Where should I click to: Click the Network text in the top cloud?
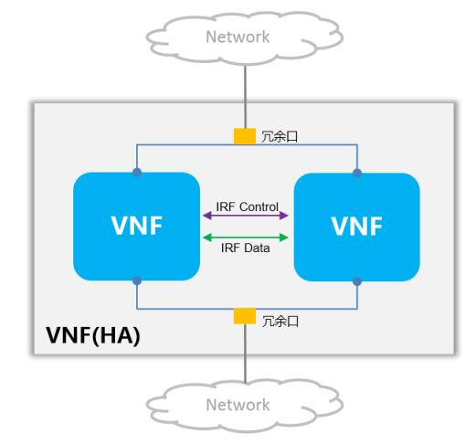(238, 37)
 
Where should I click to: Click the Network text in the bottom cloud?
(238, 405)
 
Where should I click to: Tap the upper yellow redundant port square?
(245, 136)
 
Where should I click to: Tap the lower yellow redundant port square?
(245, 316)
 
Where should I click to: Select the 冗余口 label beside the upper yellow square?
(280, 136)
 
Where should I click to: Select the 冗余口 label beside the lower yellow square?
(280, 322)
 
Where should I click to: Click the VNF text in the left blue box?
(137, 226)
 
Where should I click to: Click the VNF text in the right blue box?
(356, 227)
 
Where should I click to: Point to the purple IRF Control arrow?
(246, 216)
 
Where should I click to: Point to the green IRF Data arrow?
(246, 238)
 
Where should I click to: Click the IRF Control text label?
(247, 206)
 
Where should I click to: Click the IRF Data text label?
(246, 248)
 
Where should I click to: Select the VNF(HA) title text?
(93, 335)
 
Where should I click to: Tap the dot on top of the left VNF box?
(137, 173)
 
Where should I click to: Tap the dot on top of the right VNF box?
(357, 174)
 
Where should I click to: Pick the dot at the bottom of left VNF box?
(137, 280)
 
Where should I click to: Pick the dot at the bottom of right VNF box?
(357, 281)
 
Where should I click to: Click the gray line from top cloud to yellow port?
(245, 97)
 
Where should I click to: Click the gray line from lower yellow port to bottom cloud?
(245, 354)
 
